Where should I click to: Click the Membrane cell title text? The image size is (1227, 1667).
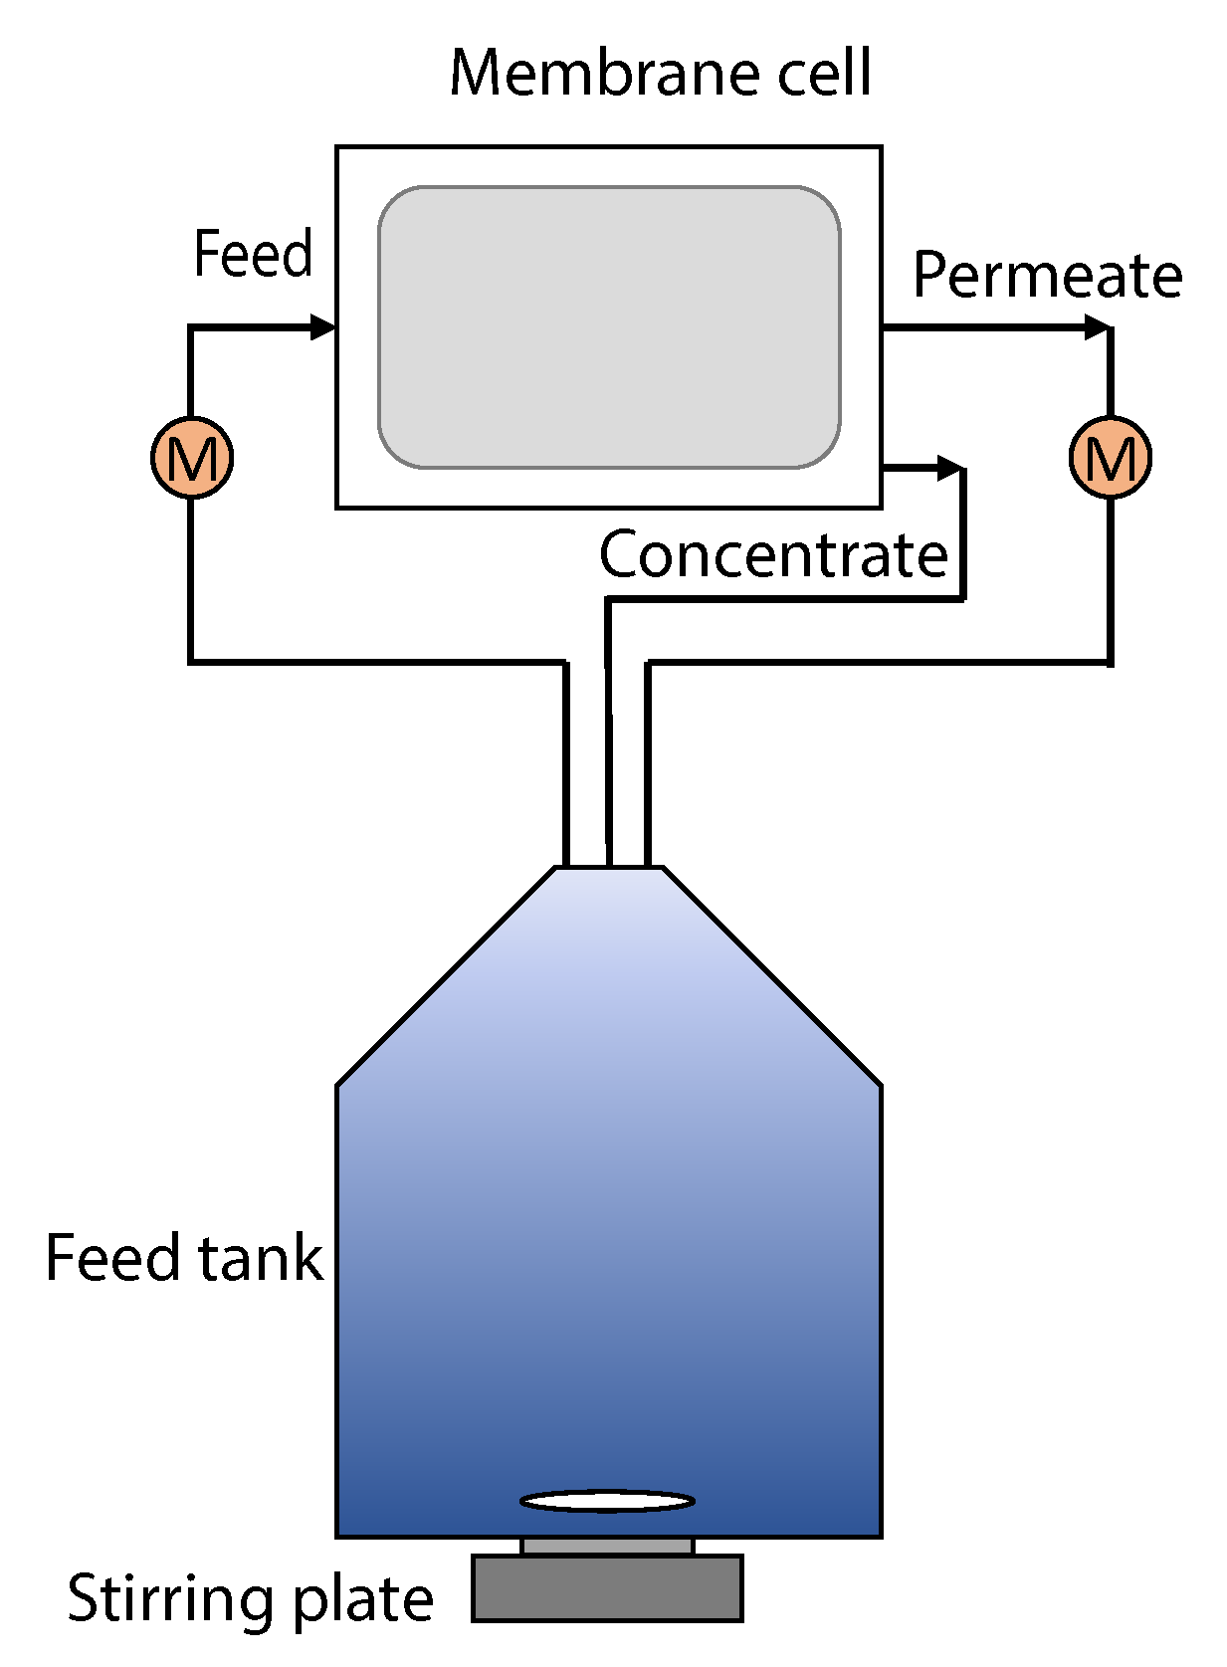pos(660,73)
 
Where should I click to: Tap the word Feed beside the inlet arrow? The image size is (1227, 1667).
pos(253,254)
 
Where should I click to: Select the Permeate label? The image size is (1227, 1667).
pos(1047,275)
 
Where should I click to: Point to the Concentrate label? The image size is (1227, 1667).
pos(773,554)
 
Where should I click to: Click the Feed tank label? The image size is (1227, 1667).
pos(184,1257)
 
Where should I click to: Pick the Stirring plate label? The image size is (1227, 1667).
pos(250,1599)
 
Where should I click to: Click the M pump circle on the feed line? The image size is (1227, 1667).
pos(192,458)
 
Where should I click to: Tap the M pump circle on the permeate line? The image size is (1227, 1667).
pos(1110,458)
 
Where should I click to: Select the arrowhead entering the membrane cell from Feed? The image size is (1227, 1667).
pos(323,326)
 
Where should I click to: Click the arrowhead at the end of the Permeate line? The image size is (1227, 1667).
pos(1098,326)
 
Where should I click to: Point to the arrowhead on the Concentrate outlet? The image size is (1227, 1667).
pos(950,467)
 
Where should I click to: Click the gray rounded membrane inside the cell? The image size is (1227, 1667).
pos(609,326)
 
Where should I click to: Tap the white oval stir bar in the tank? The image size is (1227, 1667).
pos(607,1501)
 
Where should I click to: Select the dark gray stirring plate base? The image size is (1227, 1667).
pos(607,1589)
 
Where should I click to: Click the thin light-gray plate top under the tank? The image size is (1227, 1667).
pos(607,1546)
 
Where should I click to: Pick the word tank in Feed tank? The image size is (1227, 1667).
pos(260,1257)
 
